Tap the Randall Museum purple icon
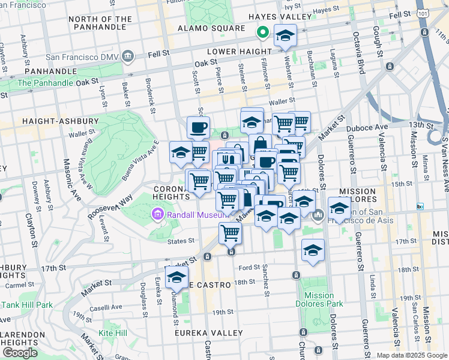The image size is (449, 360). click(158, 213)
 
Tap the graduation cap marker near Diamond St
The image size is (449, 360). click(176, 277)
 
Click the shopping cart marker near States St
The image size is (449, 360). click(230, 233)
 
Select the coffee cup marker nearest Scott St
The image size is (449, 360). click(198, 127)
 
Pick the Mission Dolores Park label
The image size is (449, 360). click(319, 299)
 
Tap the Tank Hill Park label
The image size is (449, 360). click(27, 304)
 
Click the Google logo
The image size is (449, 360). click(20, 353)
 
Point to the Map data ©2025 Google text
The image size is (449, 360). click(411, 355)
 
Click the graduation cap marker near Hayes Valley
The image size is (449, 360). click(286, 35)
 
